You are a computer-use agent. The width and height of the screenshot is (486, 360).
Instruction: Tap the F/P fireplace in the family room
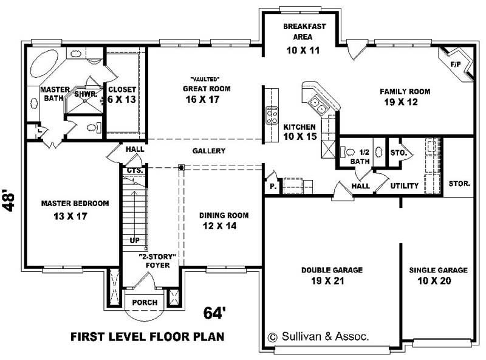[455, 64]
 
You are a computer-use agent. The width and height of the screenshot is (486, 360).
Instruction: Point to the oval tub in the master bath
[46, 64]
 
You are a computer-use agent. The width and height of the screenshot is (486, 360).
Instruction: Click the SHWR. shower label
[84, 95]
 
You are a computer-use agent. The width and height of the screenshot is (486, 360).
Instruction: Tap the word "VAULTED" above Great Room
[204, 80]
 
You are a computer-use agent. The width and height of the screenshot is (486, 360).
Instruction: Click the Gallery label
[209, 151]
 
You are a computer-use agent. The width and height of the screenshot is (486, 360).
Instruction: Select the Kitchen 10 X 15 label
[300, 132]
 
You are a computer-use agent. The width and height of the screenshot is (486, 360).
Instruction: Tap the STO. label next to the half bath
[398, 153]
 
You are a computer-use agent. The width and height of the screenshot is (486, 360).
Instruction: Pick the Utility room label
[405, 186]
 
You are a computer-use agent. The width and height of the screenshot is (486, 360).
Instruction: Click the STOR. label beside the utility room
[459, 183]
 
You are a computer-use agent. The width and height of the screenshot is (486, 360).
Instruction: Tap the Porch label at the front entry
[145, 302]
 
